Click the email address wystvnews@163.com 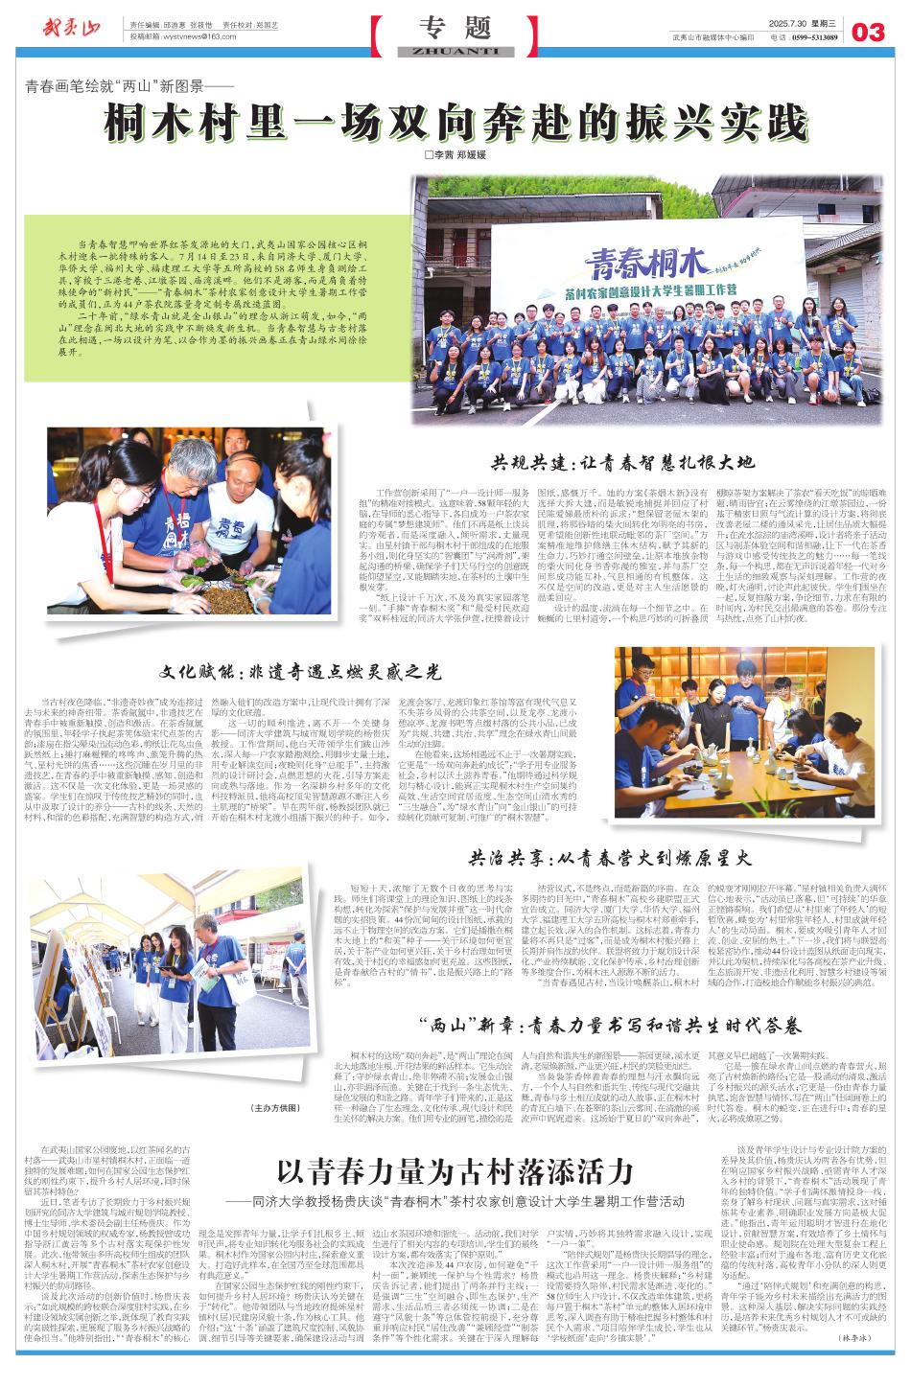[x=198, y=36]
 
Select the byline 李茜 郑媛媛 [x=455, y=154]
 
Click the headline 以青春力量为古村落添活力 [x=455, y=1170]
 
